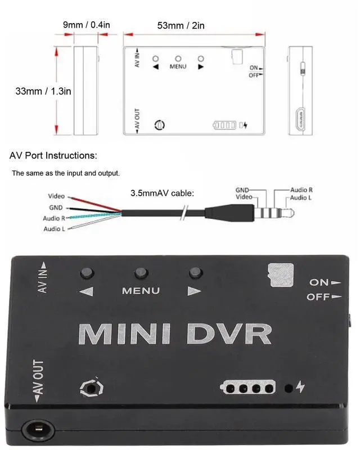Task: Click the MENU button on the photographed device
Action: tap(141, 273)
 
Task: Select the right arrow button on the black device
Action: tap(195, 273)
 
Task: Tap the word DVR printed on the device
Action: tap(229, 334)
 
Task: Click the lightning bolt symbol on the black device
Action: tap(300, 387)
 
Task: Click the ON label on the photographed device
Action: tap(319, 282)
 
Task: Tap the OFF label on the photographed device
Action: tap(318, 297)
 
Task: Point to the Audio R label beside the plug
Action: tap(301, 191)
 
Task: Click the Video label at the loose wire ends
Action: tap(56, 197)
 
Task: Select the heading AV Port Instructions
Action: tap(53, 155)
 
